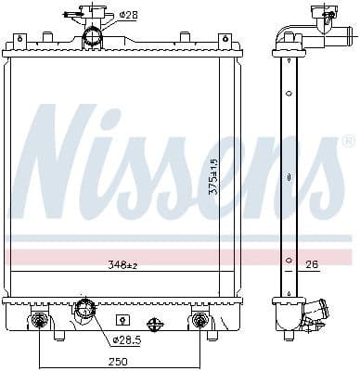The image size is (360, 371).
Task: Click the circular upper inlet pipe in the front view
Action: (x=92, y=37)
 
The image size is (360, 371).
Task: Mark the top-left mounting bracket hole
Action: (x=19, y=40)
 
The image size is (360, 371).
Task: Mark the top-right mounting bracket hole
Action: (x=224, y=40)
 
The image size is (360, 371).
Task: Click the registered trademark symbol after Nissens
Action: (x=347, y=142)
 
